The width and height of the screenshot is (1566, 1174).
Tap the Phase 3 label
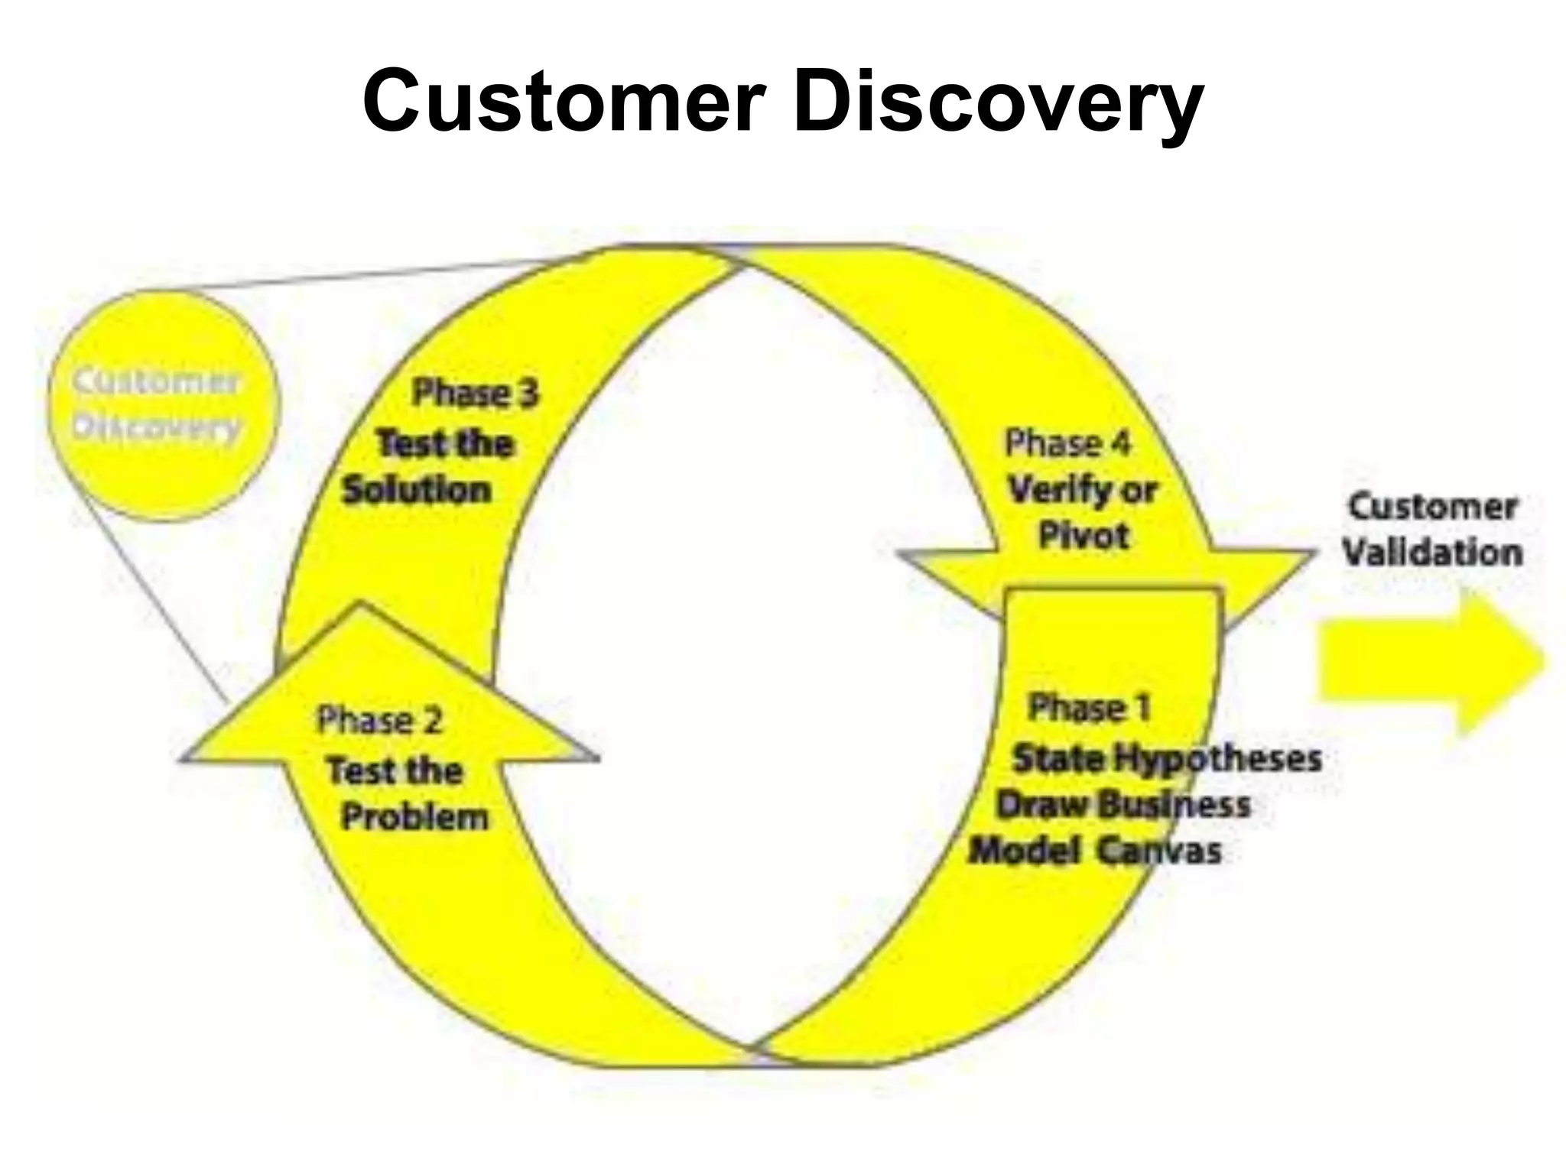pyautogui.click(x=476, y=394)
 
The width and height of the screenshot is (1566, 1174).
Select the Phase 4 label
pyautogui.click(x=1067, y=443)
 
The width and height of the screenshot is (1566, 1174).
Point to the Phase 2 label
pyautogui.click(x=380, y=721)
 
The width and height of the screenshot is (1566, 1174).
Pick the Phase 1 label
pyautogui.click(x=1090, y=708)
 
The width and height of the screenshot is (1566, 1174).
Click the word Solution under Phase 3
pyautogui.click(x=417, y=490)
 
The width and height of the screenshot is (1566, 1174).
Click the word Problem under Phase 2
pyautogui.click(x=414, y=817)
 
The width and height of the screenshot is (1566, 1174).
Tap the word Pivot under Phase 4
pyautogui.click(x=1084, y=536)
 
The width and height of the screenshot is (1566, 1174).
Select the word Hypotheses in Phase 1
pyautogui.click(x=1217, y=759)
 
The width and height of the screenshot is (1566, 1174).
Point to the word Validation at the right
pyautogui.click(x=1432, y=553)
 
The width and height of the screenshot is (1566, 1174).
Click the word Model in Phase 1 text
pyautogui.click(x=1024, y=851)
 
